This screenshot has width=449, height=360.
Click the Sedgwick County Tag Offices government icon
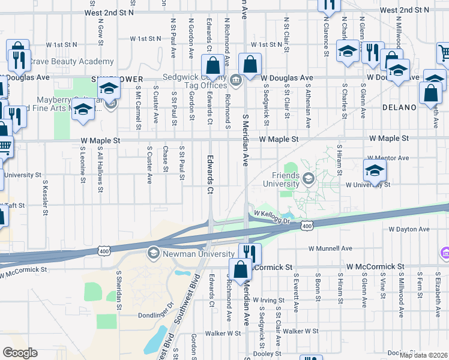coord(235,80)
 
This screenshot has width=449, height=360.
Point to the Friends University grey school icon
coord(309,177)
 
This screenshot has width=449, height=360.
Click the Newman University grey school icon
coord(153,252)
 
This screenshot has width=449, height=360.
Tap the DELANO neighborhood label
coord(399,107)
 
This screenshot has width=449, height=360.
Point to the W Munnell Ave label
coord(330,248)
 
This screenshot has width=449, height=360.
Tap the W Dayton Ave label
coord(409,230)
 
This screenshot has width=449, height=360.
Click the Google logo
coord(20,353)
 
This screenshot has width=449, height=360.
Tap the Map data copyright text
coord(424,356)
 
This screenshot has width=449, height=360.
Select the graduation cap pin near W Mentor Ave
coord(375,170)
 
